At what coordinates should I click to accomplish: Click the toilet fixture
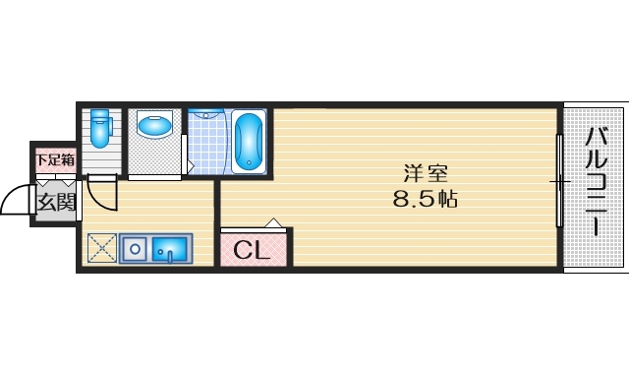tap(99, 131)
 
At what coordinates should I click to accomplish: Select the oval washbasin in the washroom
tap(153, 126)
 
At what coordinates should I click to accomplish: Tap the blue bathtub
tap(250, 143)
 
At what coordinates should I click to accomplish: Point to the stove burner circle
tap(133, 249)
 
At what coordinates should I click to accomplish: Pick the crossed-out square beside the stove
tap(101, 249)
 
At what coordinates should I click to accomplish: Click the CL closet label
tap(252, 251)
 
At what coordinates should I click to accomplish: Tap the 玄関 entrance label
tap(56, 203)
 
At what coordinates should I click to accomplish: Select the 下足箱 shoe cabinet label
tap(55, 159)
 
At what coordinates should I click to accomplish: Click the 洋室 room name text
tap(427, 174)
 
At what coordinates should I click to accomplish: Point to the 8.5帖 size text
tap(426, 199)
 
